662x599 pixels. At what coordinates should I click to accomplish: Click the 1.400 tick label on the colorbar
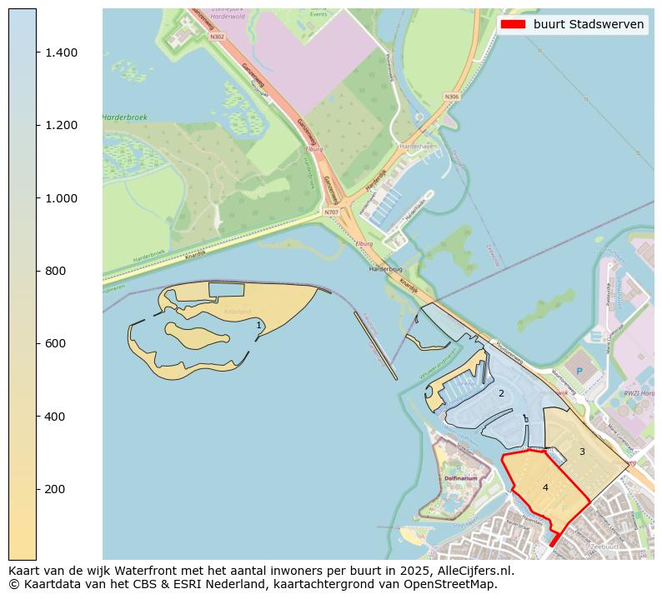click(61, 52)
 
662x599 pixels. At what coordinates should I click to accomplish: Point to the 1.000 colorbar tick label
click(61, 198)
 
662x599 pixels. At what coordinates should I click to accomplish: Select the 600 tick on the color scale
click(55, 343)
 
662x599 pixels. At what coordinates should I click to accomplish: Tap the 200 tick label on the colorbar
click(55, 489)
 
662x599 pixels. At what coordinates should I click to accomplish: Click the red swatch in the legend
click(513, 24)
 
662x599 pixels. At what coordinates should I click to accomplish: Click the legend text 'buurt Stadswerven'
click(589, 24)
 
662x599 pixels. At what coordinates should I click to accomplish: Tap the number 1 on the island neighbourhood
click(258, 326)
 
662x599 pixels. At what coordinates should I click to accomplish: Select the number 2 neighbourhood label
click(501, 393)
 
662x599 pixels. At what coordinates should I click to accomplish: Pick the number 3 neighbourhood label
click(582, 452)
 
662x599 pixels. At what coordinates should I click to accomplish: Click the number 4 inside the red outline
click(545, 487)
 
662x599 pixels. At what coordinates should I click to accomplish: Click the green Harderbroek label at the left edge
click(125, 117)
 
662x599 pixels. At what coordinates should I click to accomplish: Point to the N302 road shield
click(218, 37)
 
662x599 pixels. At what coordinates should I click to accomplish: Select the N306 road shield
click(451, 97)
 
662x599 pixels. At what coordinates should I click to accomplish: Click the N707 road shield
click(331, 212)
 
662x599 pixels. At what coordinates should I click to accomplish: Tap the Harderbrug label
click(386, 270)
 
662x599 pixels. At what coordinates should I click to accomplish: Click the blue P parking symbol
click(578, 371)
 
